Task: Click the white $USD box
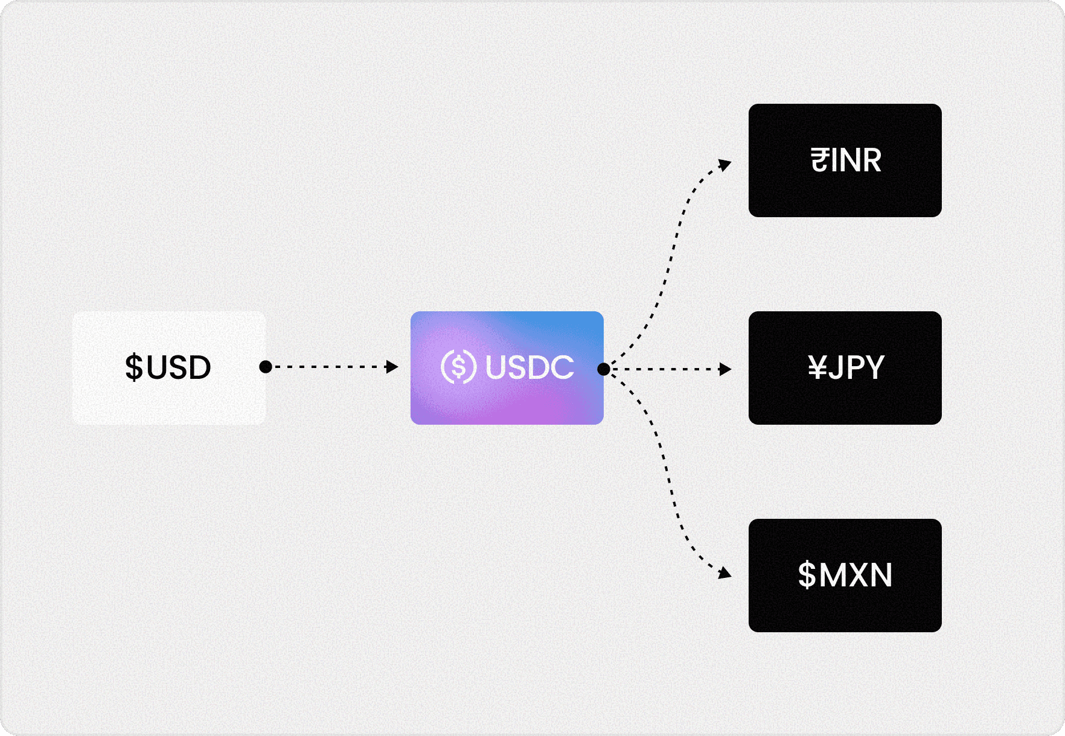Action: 168,367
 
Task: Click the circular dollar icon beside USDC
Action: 458,367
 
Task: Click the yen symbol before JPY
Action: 817,367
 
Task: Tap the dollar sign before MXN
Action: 807,575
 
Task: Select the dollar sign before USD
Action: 133,367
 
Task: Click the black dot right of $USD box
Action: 265,367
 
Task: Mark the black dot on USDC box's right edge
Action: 603,369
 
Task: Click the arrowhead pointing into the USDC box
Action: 392,367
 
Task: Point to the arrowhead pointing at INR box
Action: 725,164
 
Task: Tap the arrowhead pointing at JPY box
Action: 726,369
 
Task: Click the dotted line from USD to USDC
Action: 329,367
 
